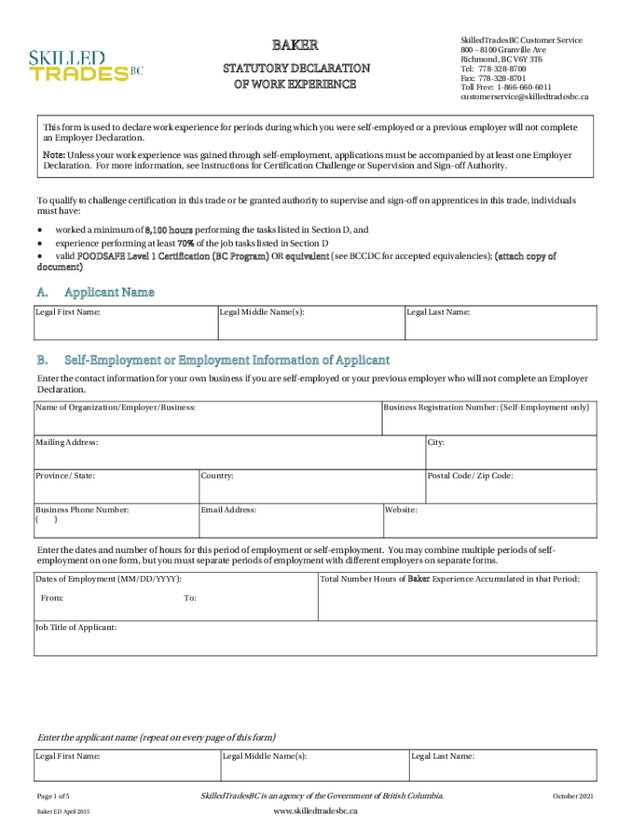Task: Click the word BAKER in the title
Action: tap(295, 44)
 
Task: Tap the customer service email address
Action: tap(524, 97)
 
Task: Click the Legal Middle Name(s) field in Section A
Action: tap(311, 322)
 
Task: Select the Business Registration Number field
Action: tap(489, 418)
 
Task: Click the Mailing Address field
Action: tap(229, 453)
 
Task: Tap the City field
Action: tap(511, 453)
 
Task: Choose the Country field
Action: tap(311, 487)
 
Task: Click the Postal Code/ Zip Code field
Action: tap(511, 487)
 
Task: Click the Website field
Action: tap(489, 520)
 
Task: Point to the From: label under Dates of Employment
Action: tap(52, 598)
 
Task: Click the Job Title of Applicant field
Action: tap(315, 639)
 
